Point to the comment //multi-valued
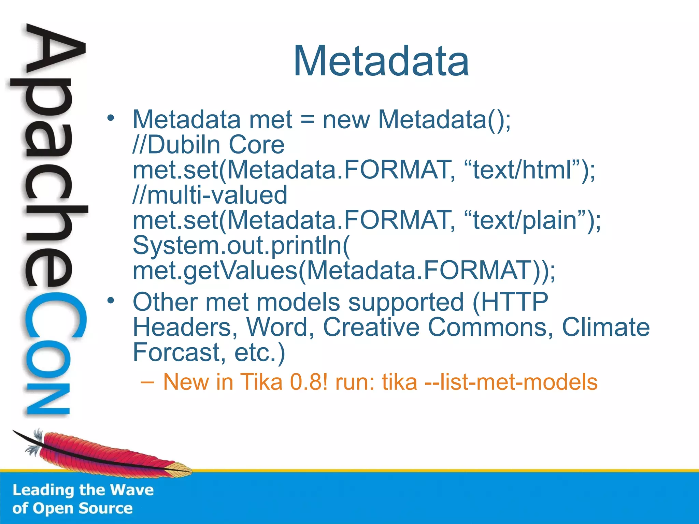(210, 195)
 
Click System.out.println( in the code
(241, 245)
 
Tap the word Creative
(371, 327)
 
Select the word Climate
(605, 327)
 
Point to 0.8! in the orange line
(309, 382)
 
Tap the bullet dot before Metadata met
(110, 118)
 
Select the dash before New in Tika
(147, 382)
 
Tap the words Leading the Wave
(83, 490)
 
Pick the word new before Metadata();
(346, 120)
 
